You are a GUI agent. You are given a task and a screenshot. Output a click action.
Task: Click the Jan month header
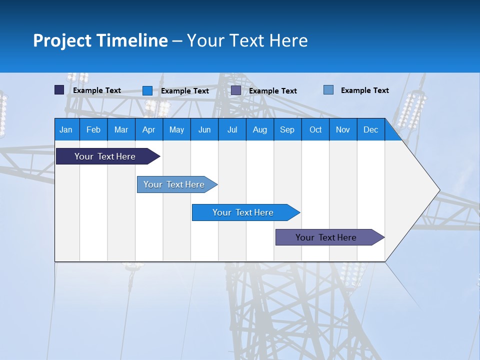[x=66, y=129]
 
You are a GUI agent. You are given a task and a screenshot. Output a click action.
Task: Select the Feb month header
[x=93, y=129]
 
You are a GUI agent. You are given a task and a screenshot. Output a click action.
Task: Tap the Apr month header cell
[x=149, y=129]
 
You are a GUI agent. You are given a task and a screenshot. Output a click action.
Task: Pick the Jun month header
[x=204, y=129]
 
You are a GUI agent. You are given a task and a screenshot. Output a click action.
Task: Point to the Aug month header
[x=260, y=129]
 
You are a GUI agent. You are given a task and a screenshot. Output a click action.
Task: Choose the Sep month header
[x=287, y=129]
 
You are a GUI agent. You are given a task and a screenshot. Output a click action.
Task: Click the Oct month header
[x=315, y=129]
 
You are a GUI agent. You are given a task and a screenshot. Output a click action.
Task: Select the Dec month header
[x=371, y=129]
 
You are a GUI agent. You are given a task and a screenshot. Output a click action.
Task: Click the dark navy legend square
[x=59, y=90]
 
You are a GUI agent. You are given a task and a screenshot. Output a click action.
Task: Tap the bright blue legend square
[x=147, y=90]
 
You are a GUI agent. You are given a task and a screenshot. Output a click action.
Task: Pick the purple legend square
[x=236, y=90]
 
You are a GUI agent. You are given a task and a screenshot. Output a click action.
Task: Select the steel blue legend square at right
[x=328, y=90]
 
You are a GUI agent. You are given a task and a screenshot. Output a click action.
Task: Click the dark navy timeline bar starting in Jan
[x=105, y=156]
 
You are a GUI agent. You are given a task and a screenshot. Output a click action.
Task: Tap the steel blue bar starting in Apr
[x=174, y=184]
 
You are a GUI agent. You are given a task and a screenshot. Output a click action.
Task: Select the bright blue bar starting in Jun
[x=243, y=212]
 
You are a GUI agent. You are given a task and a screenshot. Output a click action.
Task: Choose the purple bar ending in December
[x=326, y=237]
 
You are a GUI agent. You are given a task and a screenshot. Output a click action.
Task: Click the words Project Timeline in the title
[x=100, y=40]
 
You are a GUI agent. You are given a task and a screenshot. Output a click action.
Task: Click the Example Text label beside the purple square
[x=272, y=91]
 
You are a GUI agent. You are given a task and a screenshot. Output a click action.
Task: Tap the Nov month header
[x=343, y=129]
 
